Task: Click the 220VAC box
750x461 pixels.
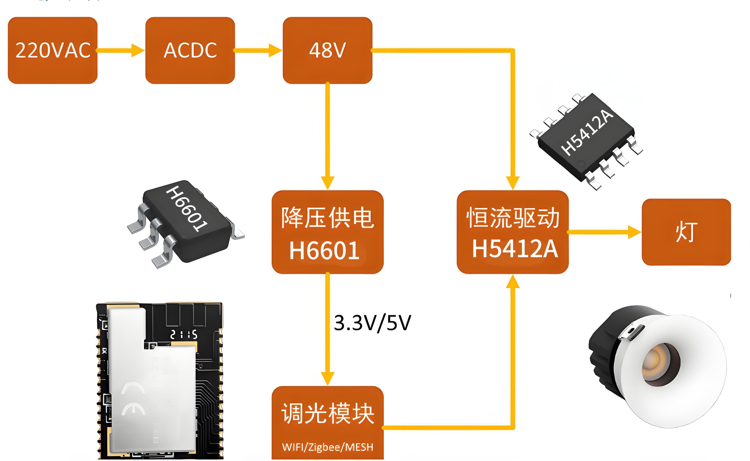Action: pos(52,50)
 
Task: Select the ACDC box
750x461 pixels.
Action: pos(190,50)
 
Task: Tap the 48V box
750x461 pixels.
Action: pos(327,50)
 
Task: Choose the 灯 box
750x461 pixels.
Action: pos(686,232)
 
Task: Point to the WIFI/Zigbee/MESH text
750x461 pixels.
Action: pos(327,447)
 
